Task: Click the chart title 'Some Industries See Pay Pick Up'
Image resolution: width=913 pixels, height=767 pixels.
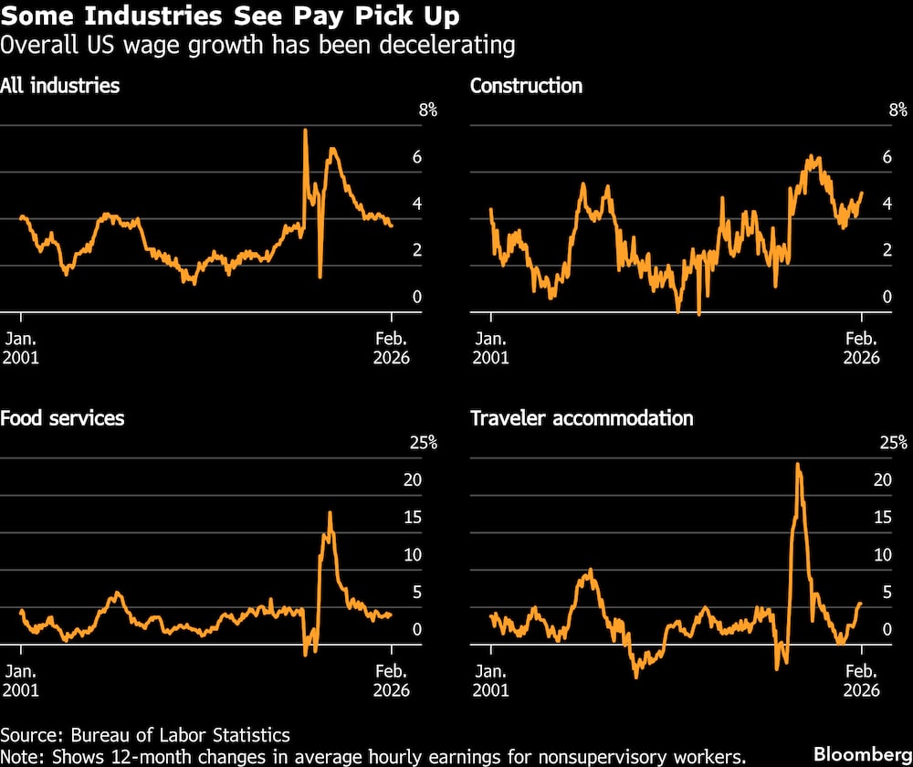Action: pyautogui.click(x=230, y=16)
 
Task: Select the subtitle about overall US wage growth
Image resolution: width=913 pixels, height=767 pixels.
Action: pyautogui.click(x=257, y=45)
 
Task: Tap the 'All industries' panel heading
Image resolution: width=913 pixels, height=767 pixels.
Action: pyautogui.click(x=60, y=87)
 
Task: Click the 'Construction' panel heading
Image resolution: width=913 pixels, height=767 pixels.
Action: pyautogui.click(x=526, y=87)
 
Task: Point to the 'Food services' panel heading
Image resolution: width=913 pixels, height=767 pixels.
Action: pyautogui.click(x=62, y=419)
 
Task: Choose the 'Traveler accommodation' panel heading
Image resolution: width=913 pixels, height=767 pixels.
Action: pyautogui.click(x=582, y=419)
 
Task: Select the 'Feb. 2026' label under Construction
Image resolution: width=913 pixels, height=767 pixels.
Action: pyautogui.click(x=861, y=346)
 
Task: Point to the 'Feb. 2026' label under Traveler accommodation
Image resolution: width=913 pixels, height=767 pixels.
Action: pyautogui.click(x=861, y=678)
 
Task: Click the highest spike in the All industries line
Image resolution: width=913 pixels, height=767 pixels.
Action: pyautogui.click(x=305, y=131)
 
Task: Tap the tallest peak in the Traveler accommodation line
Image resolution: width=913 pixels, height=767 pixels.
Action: pyautogui.click(x=798, y=464)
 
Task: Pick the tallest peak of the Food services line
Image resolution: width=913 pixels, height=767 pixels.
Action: pyautogui.click(x=330, y=512)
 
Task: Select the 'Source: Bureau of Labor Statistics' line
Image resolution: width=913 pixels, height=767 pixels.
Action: pyautogui.click(x=145, y=735)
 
